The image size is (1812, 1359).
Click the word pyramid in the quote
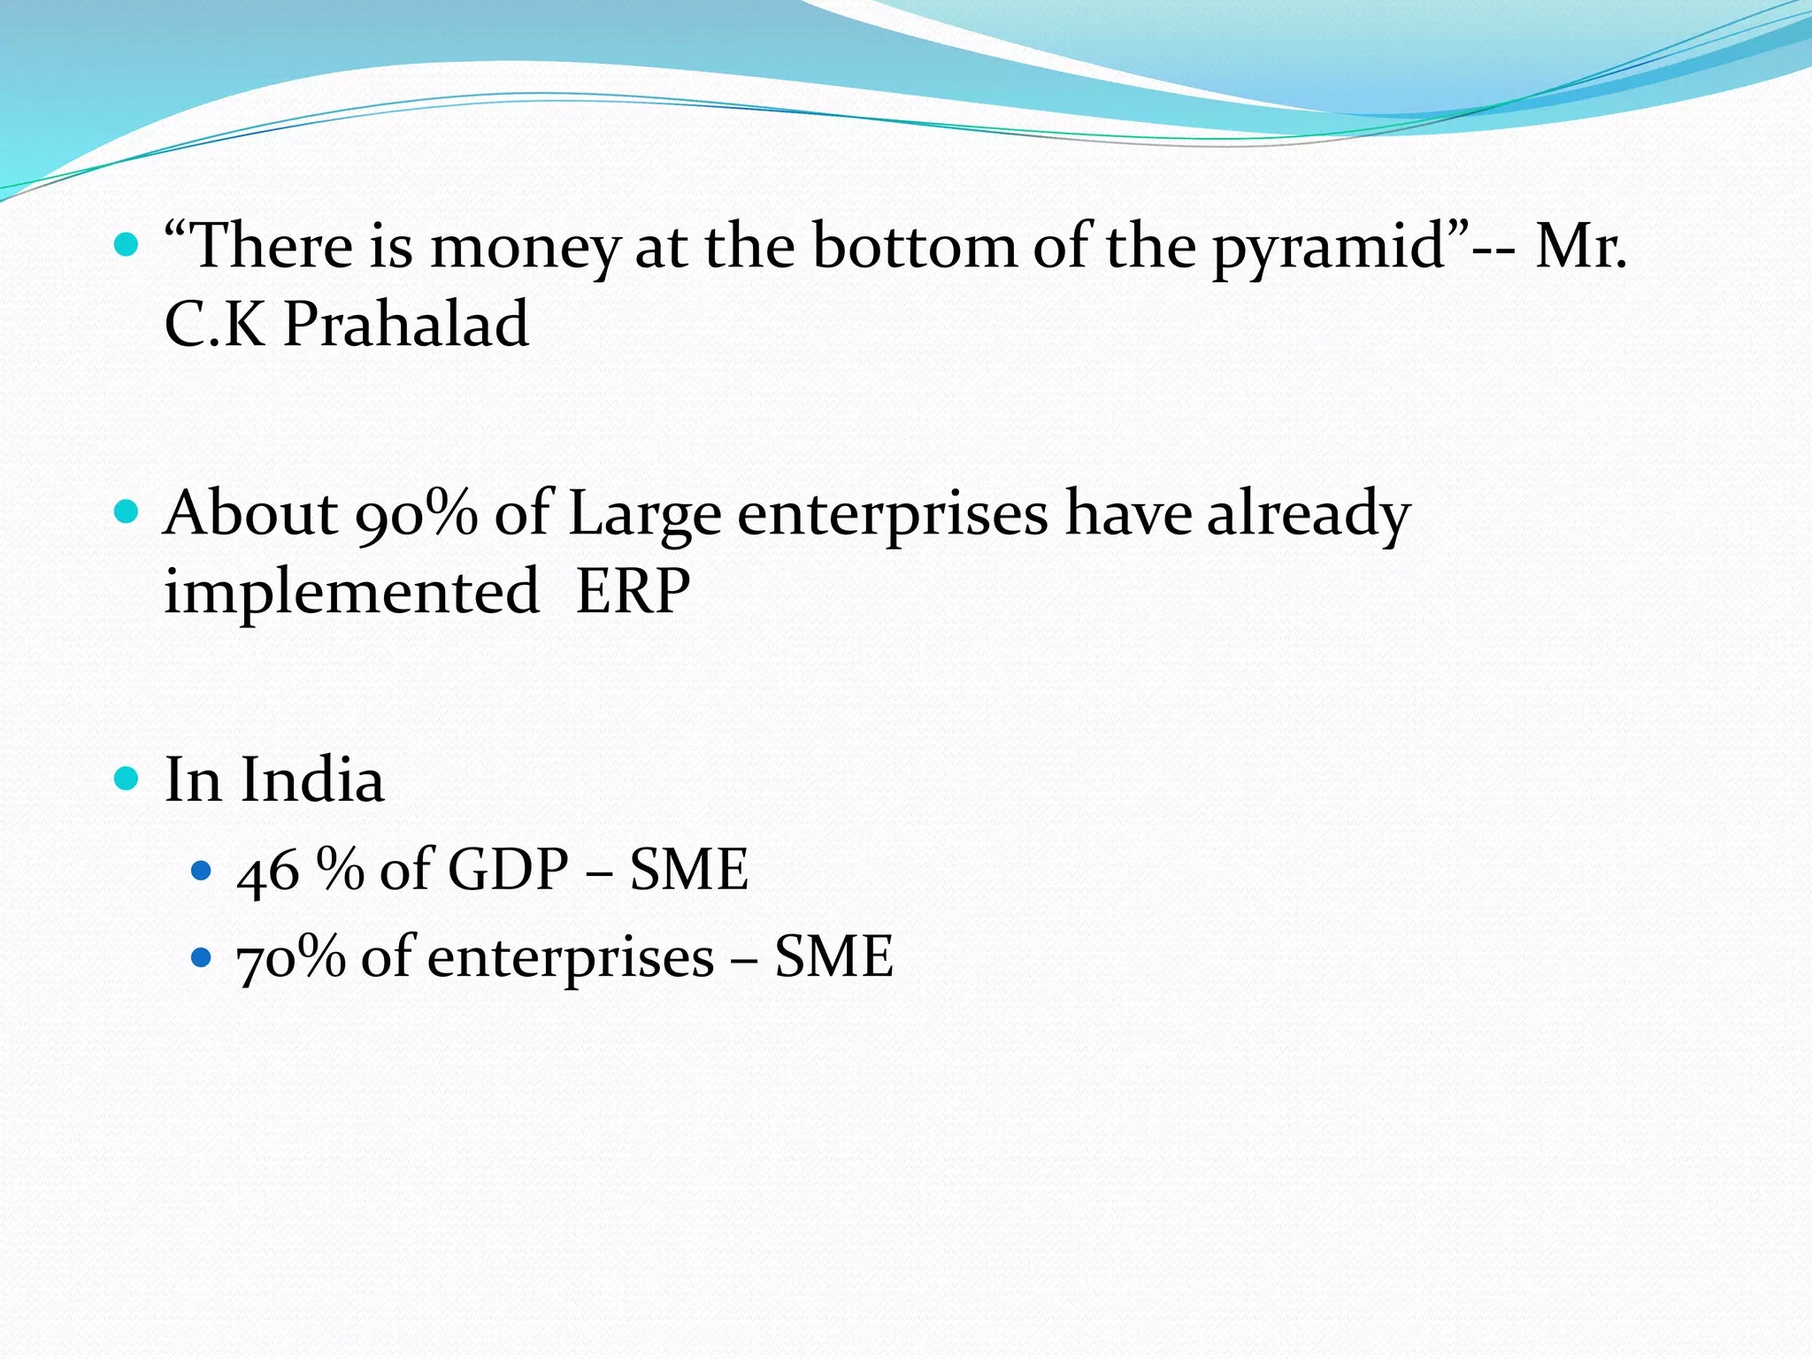point(1328,248)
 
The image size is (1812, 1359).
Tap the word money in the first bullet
point(526,248)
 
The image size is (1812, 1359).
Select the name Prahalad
point(406,324)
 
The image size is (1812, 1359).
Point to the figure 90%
point(416,513)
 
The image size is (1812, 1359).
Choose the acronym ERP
point(633,591)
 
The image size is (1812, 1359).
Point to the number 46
point(268,871)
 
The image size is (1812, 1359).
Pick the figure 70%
point(291,957)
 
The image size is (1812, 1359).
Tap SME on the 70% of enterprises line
point(834,957)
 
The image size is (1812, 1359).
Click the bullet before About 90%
point(127,511)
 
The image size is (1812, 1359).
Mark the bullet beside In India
point(127,779)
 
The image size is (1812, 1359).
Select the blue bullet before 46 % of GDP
point(202,871)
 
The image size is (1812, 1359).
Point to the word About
point(250,513)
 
